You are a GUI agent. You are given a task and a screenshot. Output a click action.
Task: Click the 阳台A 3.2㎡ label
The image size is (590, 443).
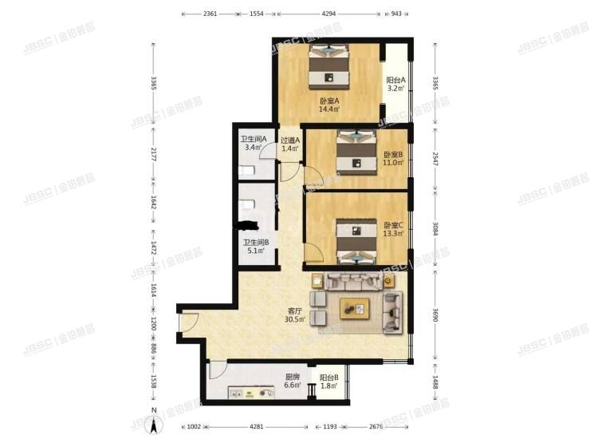click(396, 85)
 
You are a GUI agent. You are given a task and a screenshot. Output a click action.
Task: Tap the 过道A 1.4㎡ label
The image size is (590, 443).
click(289, 144)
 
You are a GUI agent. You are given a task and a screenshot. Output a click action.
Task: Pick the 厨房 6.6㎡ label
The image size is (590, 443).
click(293, 382)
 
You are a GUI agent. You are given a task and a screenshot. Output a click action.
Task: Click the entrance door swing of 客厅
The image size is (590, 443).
click(187, 322)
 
